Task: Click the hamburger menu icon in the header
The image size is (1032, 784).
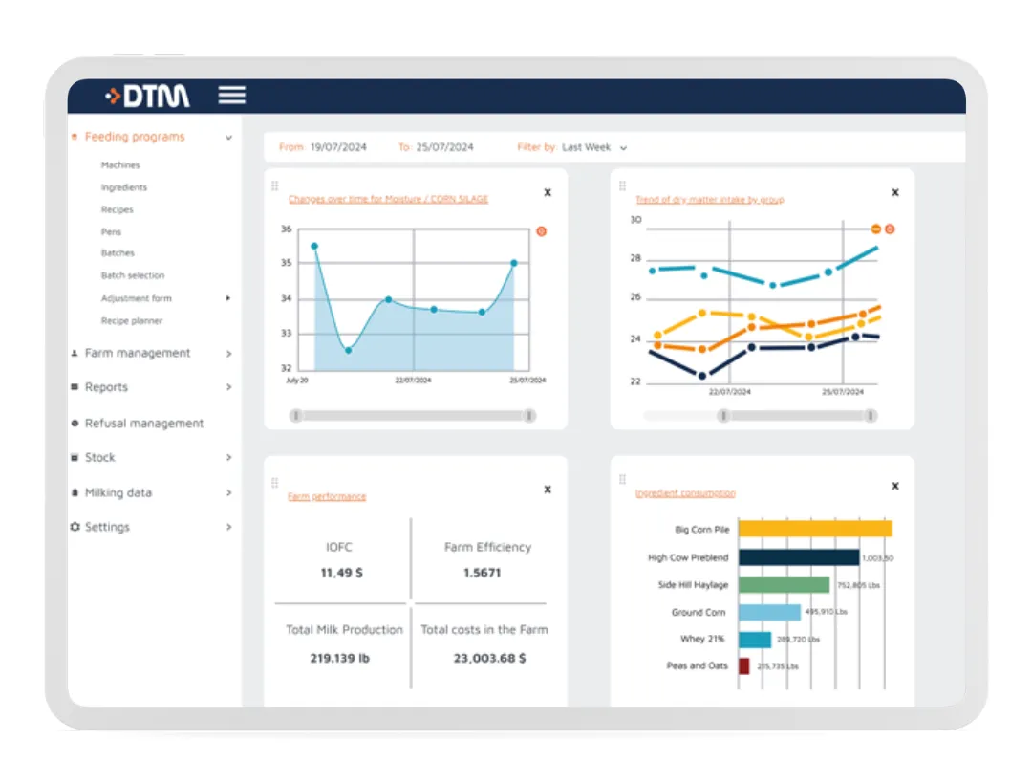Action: (232, 95)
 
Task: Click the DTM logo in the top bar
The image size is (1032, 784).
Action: (148, 96)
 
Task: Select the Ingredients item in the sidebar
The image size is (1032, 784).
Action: (124, 187)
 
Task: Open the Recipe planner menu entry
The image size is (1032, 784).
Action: (132, 321)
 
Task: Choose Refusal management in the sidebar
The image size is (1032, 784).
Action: (143, 424)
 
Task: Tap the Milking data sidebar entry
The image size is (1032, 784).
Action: (118, 492)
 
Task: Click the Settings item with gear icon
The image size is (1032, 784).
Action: (106, 527)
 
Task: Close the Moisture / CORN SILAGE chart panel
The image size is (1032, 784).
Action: (548, 192)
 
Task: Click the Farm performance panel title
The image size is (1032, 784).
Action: (327, 496)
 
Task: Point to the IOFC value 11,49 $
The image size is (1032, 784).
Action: (341, 573)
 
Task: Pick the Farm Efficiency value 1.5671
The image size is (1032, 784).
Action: (482, 573)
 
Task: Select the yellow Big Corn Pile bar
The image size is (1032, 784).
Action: (814, 529)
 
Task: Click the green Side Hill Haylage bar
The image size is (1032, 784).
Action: (784, 584)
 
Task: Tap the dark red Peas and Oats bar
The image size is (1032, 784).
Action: (743, 665)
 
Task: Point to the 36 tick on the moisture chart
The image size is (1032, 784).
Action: (286, 229)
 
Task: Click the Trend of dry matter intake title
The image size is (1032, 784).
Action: (709, 200)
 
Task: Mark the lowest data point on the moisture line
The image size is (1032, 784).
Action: (348, 350)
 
